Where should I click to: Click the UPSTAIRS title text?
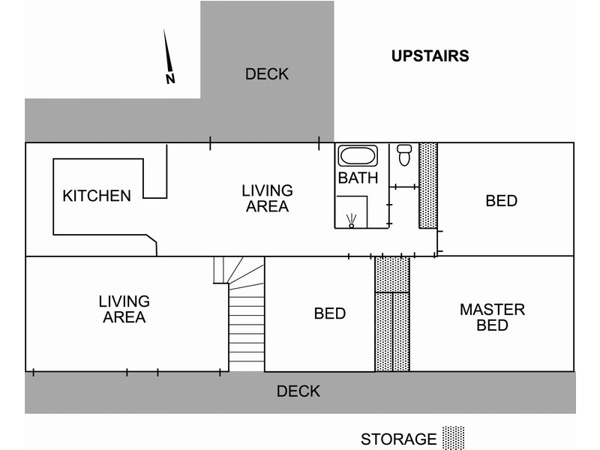[430, 55]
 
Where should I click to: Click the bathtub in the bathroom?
[358, 156]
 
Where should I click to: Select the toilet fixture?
[404, 154]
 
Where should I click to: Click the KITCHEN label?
[97, 196]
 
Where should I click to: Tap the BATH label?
[358, 178]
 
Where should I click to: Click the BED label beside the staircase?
[330, 313]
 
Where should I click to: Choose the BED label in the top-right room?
[501, 201]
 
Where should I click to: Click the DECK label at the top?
[267, 74]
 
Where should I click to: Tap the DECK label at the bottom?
[298, 391]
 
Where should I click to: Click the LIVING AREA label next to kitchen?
[267, 199]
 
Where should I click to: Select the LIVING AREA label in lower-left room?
[124, 309]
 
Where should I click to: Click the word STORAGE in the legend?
[398, 439]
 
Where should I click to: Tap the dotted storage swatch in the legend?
[454, 438]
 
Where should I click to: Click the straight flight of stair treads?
[247, 330]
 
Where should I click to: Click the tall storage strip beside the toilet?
[427, 185]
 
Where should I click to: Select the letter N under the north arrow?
[170, 78]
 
